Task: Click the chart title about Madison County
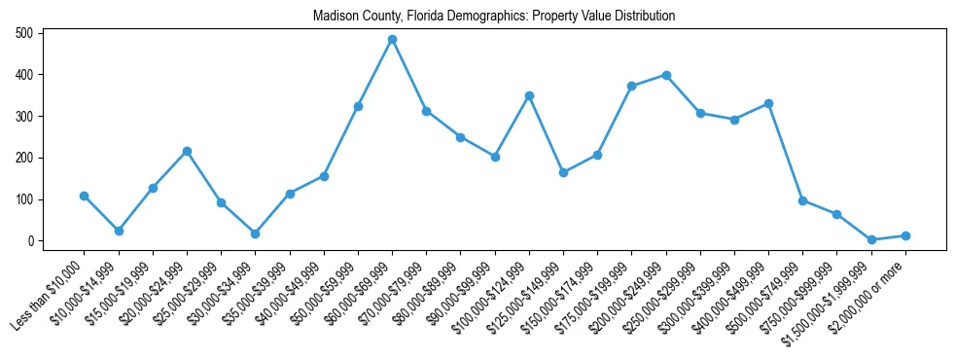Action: click(x=494, y=17)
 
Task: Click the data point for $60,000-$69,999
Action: click(x=392, y=40)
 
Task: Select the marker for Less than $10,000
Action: click(x=85, y=196)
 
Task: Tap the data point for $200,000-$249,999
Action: click(x=666, y=75)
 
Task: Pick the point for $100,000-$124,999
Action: click(x=529, y=95)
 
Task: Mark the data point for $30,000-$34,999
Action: click(x=255, y=234)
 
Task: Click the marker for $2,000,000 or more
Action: click(x=905, y=235)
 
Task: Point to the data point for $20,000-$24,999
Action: click(x=187, y=151)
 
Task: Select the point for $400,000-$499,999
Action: click(x=768, y=103)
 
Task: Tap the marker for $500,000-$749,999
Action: click(x=802, y=200)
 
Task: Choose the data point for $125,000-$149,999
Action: click(x=563, y=172)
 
